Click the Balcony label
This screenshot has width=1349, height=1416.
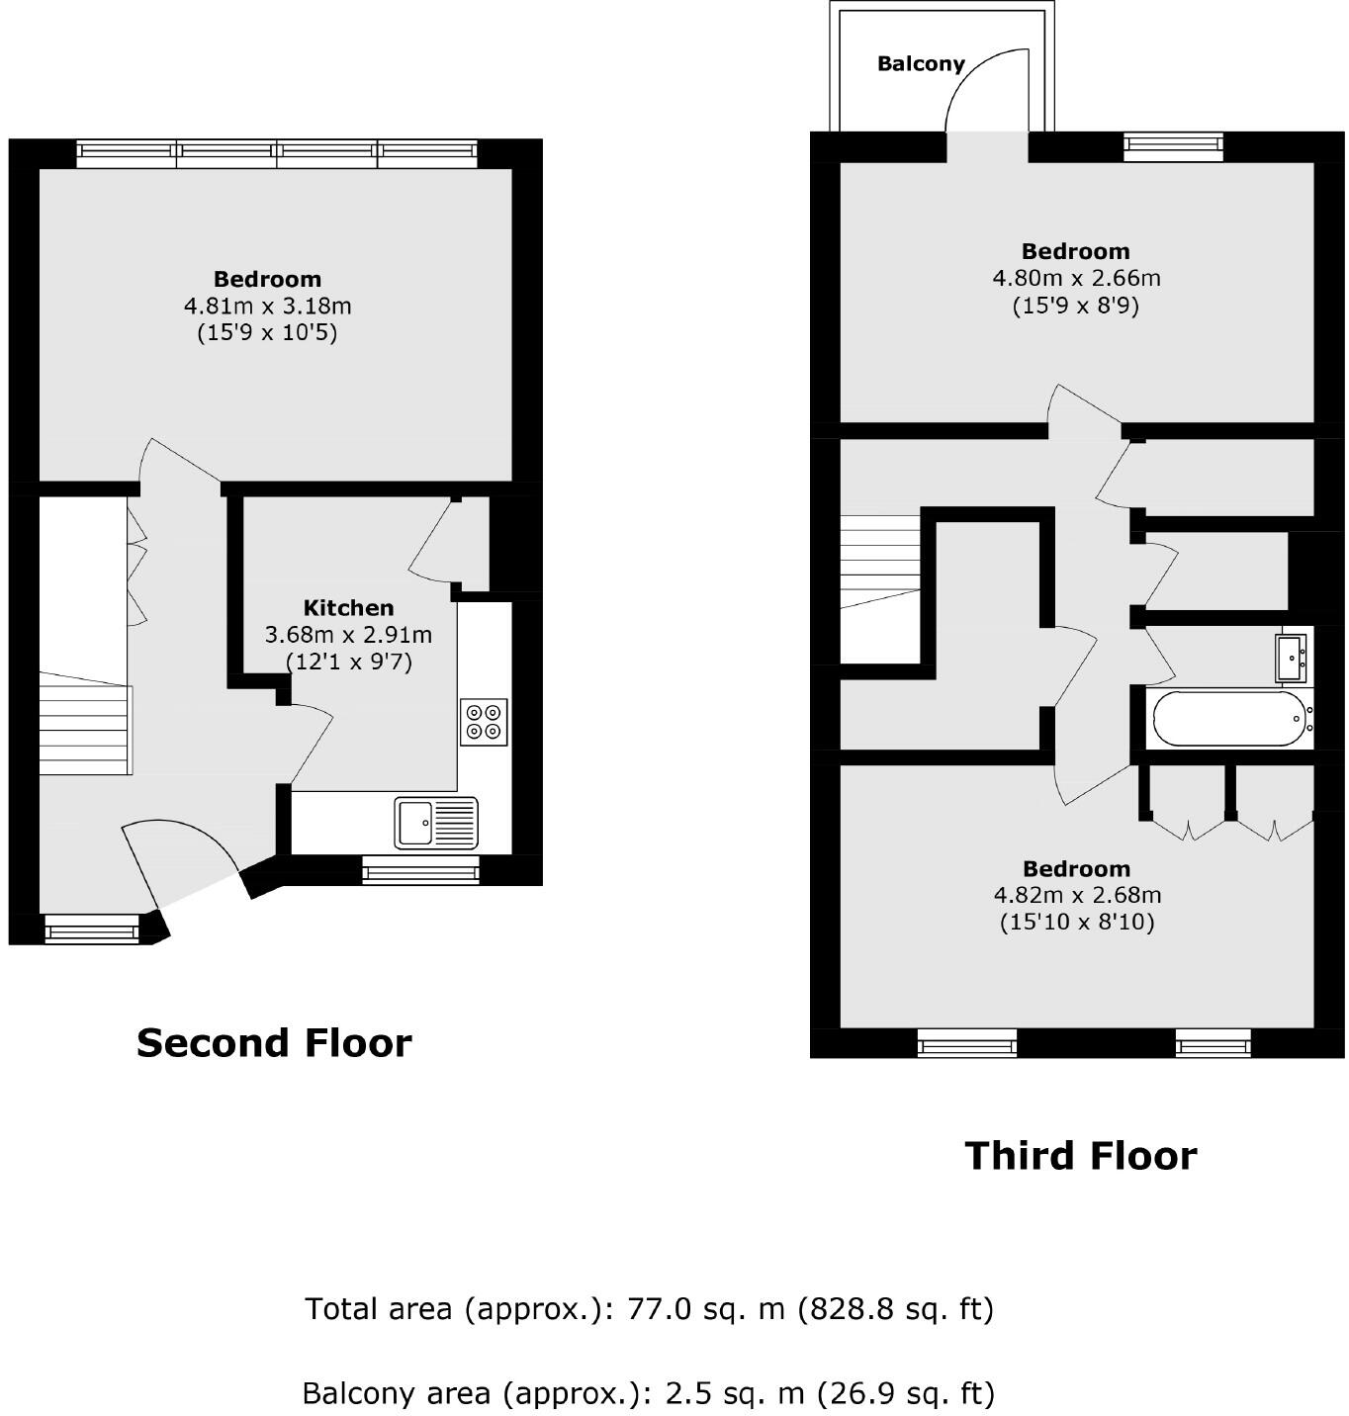[920, 64]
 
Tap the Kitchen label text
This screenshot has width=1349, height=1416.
[348, 608]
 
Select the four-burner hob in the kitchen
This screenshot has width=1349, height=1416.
[484, 721]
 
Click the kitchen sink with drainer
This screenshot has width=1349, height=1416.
[435, 823]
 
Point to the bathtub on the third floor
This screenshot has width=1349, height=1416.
[1227, 719]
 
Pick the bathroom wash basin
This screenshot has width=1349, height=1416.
[1293, 657]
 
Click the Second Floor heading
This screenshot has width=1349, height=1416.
[274, 1043]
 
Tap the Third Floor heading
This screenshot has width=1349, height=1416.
[1080, 1156]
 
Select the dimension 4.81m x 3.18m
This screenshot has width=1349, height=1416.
[267, 307]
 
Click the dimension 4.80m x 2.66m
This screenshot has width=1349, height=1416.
[1076, 279]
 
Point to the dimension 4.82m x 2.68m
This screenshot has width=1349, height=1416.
[1077, 896]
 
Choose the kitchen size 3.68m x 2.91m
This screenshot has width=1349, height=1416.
[348, 635]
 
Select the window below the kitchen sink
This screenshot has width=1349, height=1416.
[420, 870]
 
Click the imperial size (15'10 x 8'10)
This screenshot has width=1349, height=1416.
[1077, 923]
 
